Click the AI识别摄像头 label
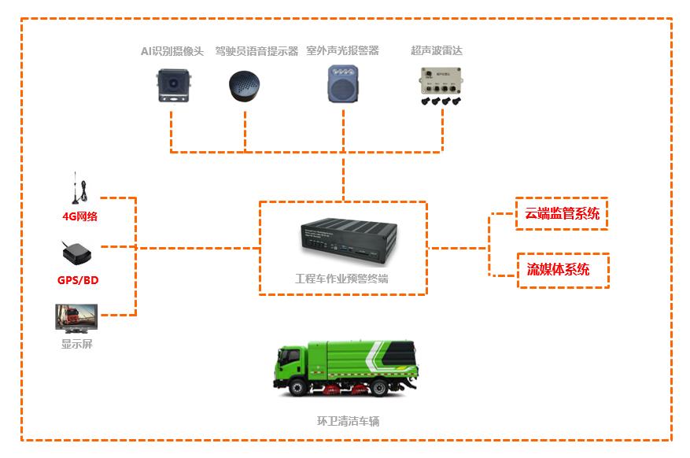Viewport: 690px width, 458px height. (x=172, y=51)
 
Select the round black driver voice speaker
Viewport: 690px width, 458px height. (x=245, y=86)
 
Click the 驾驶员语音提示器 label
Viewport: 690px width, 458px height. (x=256, y=51)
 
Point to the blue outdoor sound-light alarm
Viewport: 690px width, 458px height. (x=343, y=83)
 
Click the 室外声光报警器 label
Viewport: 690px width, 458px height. (x=342, y=51)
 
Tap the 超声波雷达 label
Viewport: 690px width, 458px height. (x=437, y=51)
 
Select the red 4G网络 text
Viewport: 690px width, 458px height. (x=80, y=216)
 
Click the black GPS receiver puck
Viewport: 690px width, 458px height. (x=77, y=253)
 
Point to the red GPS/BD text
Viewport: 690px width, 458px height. (x=78, y=280)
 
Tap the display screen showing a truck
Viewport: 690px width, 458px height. (x=76, y=319)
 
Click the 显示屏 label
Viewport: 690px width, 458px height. (x=77, y=344)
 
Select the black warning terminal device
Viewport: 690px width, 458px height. (x=344, y=241)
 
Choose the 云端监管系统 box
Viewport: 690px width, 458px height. (x=562, y=213)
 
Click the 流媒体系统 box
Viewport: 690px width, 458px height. (x=562, y=270)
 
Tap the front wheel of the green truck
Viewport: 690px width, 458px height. (x=298, y=388)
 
